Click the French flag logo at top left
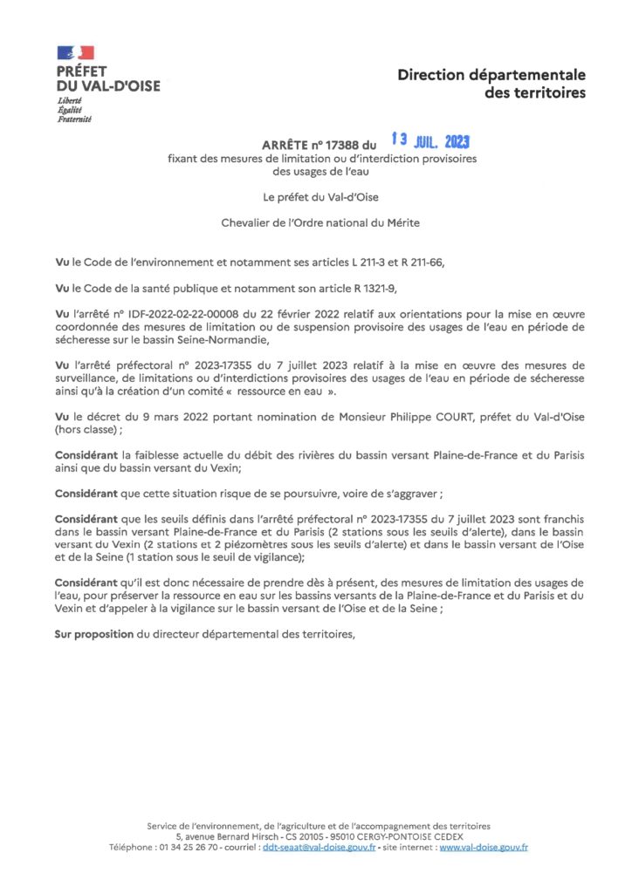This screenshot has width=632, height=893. [x=76, y=53]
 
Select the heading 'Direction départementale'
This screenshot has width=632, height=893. [x=491, y=75]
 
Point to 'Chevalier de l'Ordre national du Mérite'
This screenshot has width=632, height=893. [x=320, y=222]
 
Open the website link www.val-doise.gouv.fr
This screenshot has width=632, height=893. [x=484, y=847]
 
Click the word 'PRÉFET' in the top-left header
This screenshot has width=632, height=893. [x=81, y=72]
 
